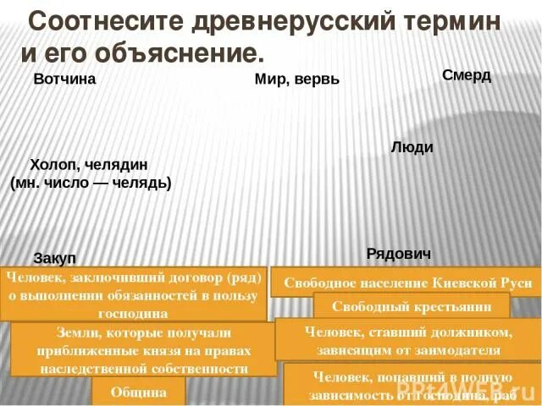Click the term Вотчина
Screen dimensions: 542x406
point(64,80)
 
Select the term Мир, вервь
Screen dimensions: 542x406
point(296,80)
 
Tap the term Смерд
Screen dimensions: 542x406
point(467,75)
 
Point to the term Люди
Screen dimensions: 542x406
point(412,147)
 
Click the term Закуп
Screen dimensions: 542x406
point(55,258)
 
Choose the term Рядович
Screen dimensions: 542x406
point(399,254)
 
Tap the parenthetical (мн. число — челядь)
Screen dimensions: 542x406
point(91,183)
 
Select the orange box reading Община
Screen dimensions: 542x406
point(137,392)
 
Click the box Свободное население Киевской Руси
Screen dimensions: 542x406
point(407,283)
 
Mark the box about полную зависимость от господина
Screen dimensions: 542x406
point(412,385)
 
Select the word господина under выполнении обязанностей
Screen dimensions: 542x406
point(135,313)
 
